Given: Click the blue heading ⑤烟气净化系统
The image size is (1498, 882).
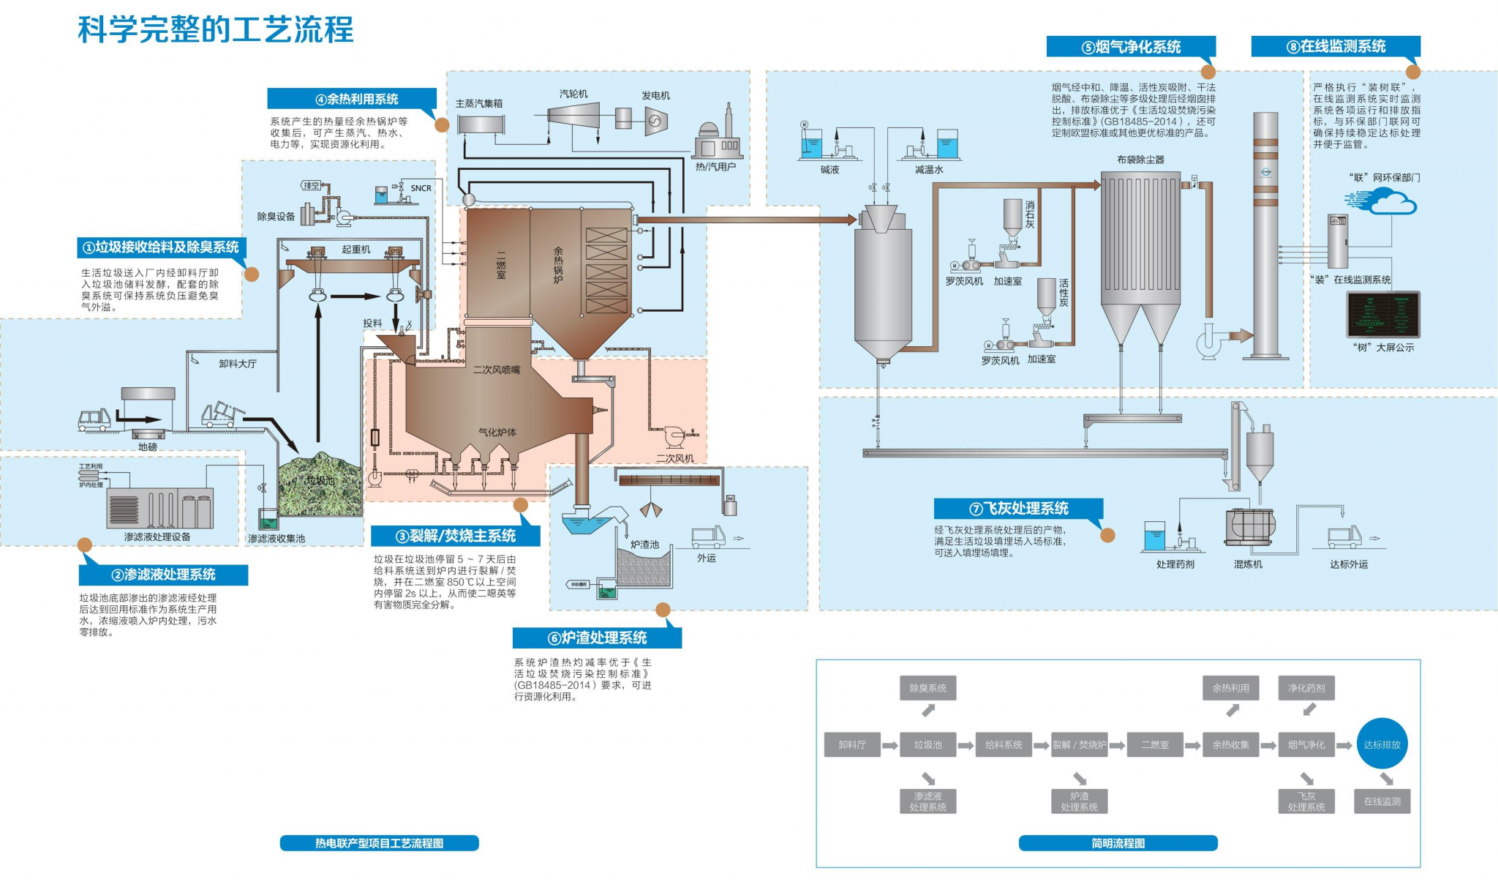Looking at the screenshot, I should coord(1131,47).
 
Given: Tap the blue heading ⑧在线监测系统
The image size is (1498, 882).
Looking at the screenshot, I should coord(1336,46).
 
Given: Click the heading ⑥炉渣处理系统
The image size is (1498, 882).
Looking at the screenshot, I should coord(597,638).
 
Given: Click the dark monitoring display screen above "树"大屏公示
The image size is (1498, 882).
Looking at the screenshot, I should coord(1383,315).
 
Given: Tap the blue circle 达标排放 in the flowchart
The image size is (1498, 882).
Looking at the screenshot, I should coord(1382,744).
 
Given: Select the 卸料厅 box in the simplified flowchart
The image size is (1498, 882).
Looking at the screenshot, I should coord(852,744).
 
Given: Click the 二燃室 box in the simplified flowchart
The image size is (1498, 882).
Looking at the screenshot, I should coord(1155,744).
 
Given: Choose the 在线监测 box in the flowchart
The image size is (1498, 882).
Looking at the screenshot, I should coord(1382,801).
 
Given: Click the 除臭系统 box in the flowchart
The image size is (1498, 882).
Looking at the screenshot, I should coord(927,688).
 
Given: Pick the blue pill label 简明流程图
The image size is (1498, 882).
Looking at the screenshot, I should coord(1118,843).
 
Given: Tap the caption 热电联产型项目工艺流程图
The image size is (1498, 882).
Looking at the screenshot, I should coord(379,843).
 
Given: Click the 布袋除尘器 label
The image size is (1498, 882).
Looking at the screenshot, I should coord(1140,160).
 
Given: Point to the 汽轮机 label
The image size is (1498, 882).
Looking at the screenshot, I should coord(573,94).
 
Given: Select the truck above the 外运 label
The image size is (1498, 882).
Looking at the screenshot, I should coord(708,537).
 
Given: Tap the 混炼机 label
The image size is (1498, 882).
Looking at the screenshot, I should coord(1248,564).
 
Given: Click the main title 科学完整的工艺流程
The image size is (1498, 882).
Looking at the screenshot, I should coord(216,30).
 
